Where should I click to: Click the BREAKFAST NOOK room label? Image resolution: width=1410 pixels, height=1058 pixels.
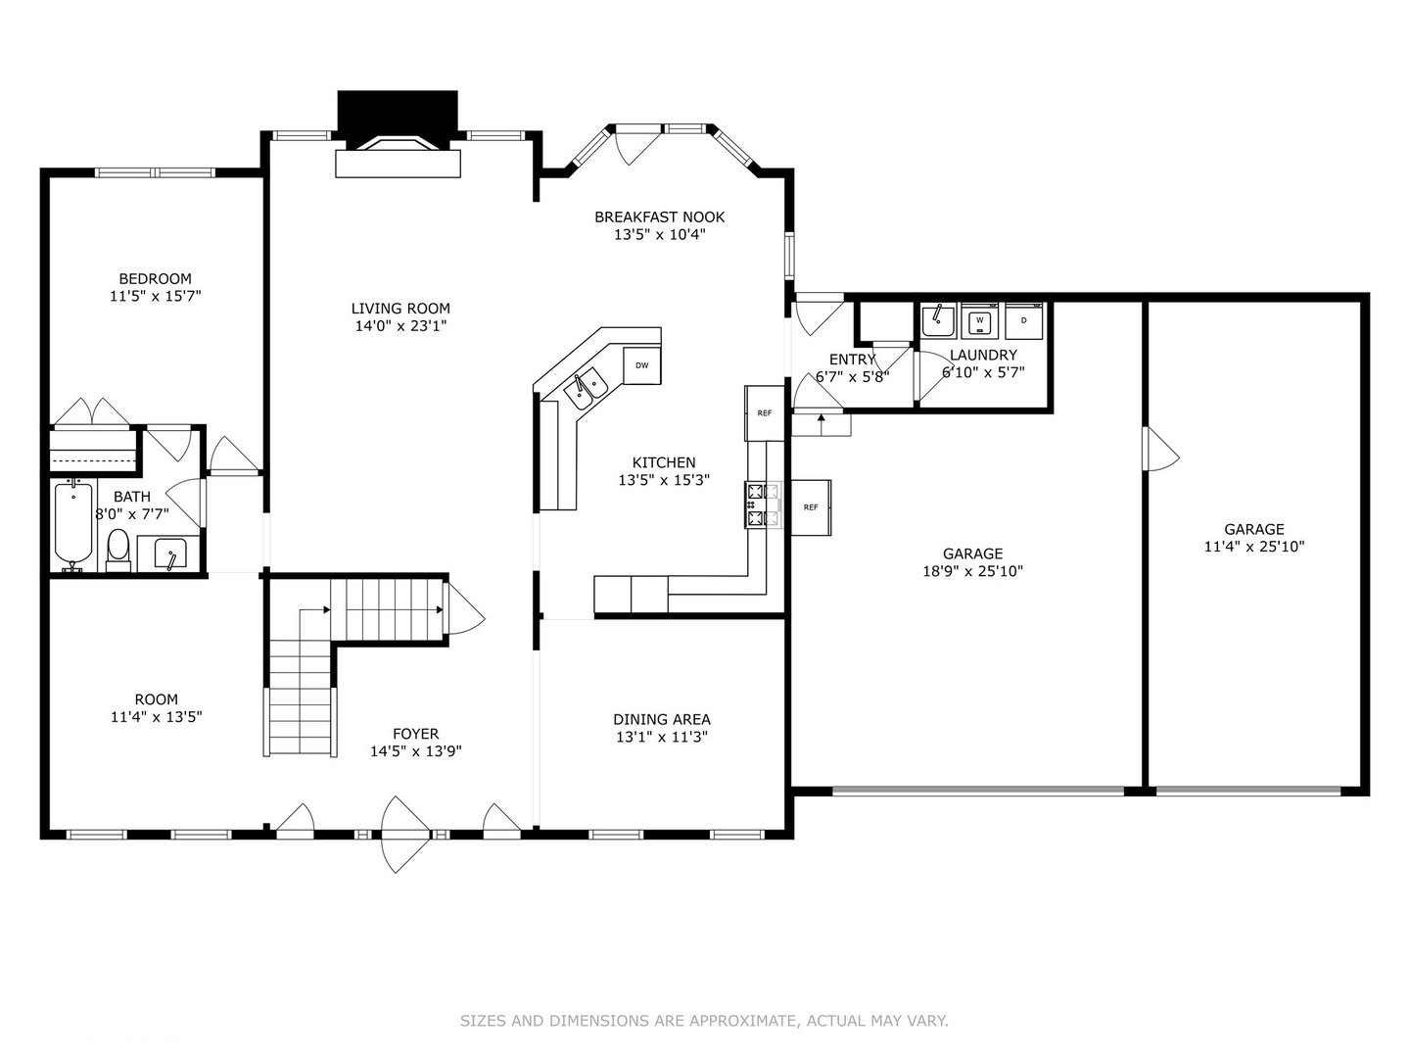pyautogui.click(x=659, y=217)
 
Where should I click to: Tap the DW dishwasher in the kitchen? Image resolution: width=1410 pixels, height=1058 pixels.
pyautogui.click(x=641, y=365)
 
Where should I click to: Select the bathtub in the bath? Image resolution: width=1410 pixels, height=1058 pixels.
pyautogui.click(x=73, y=523)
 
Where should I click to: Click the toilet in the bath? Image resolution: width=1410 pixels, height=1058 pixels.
pyautogui.click(x=118, y=551)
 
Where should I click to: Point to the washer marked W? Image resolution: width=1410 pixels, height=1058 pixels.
pyautogui.click(x=979, y=320)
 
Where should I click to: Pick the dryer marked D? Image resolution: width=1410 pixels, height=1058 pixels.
pyautogui.click(x=1024, y=320)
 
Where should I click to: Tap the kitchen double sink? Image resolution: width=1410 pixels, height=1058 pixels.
pyautogui.click(x=586, y=389)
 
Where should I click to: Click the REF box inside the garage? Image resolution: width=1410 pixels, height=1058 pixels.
pyautogui.click(x=811, y=507)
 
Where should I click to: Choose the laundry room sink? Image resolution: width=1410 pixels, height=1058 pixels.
pyautogui.click(x=938, y=320)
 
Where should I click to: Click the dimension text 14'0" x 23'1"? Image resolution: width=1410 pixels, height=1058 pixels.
pyautogui.click(x=400, y=325)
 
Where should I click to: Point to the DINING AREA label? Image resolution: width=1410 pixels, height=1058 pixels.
pyautogui.click(x=662, y=719)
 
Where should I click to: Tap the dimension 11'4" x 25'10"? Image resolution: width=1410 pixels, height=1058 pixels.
pyautogui.click(x=1254, y=547)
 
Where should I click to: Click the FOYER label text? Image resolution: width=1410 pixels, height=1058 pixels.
pyautogui.click(x=415, y=734)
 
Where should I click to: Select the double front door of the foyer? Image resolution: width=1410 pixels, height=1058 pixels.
pyautogui.click(x=405, y=835)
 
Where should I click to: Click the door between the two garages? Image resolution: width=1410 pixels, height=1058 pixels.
pyautogui.click(x=1160, y=449)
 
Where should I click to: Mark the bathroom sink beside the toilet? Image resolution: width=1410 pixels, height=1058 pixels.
pyautogui.click(x=170, y=553)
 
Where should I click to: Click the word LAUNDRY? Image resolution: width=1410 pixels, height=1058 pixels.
pyautogui.click(x=983, y=355)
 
